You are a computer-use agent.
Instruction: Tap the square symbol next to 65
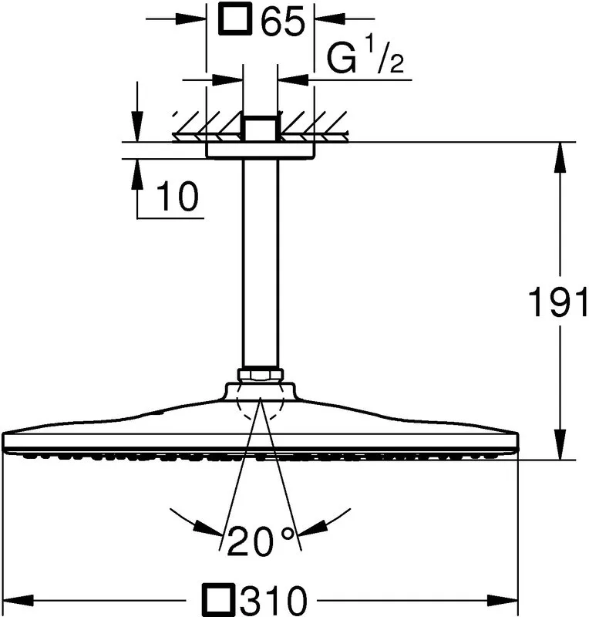pyautogui.click(x=236, y=19)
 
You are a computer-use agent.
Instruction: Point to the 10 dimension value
pyautogui.click(x=177, y=196)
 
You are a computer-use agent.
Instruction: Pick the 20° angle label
pyautogui.click(x=261, y=541)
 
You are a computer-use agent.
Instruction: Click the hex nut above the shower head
pyautogui.click(x=260, y=375)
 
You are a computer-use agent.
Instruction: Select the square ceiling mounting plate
pyautogui.click(x=261, y=150)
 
